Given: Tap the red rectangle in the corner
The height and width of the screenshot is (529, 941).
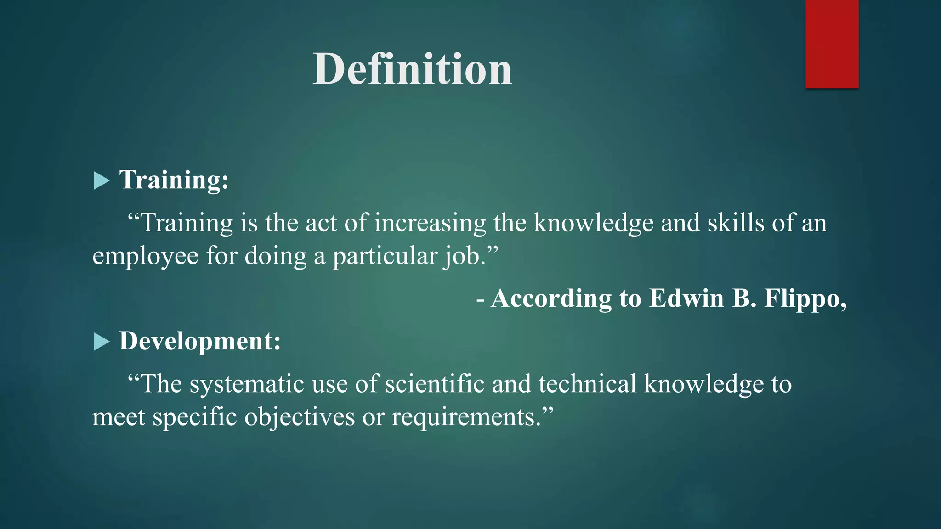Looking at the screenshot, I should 832,44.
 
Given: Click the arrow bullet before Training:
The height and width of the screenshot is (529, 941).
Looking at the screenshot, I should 101,180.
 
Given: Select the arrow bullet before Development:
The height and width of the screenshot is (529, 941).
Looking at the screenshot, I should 101,342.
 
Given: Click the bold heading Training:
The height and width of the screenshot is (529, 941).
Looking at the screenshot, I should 174,180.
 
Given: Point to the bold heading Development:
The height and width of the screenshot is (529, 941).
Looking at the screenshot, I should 200,341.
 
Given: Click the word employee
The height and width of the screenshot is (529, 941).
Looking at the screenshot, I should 145,256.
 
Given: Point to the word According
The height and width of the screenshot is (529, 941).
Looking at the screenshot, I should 551,298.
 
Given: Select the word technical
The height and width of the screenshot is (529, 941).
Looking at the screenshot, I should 587,384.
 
